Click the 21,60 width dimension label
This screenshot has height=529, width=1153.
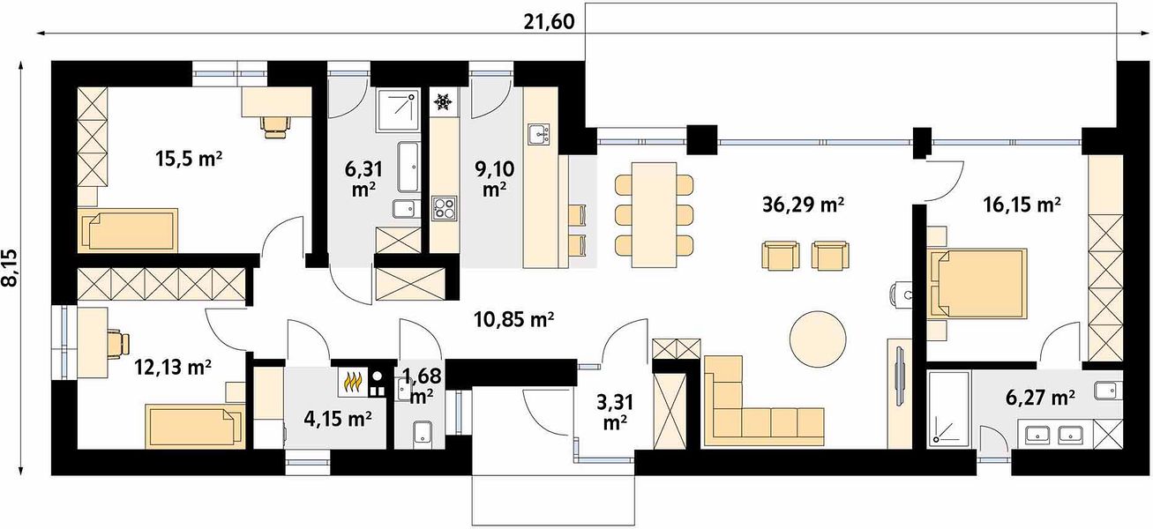click(x=549, y=22)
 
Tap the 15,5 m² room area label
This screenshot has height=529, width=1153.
click(x=189, y=159)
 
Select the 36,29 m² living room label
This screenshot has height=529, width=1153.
click(x=803, y=205)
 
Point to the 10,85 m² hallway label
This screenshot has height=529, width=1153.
click(x=513, y=320)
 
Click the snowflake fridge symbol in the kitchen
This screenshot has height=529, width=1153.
click(x=443, y=102)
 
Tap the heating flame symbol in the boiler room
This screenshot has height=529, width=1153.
click(x=353, y=381)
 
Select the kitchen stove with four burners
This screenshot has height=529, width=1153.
click(x=445, y=208)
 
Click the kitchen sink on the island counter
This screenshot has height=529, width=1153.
click(x=539, y=134)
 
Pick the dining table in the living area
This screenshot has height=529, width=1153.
click(x=654, y=215)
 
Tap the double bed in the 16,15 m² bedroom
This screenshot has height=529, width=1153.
click(x=977, y=282)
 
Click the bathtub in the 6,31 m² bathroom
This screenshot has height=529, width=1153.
click(x=408, y=168)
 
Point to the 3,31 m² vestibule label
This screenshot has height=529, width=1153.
click(x=615, y=413)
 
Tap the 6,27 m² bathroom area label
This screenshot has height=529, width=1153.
click(x=1040, y=398)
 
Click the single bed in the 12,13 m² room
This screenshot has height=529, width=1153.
click(x=194, y=425)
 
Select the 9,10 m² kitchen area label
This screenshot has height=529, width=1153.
click(x=494, y=178)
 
